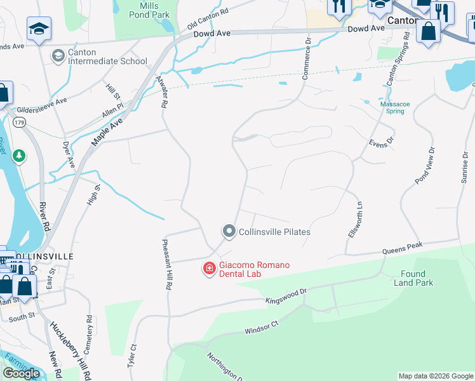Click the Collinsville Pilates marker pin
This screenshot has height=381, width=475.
[x=229, y=231]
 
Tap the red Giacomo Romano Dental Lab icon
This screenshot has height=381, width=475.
[x=208, y=269]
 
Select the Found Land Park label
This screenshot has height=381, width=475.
[x=413, y=278]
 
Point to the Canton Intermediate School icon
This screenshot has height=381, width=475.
[x=58, y=57]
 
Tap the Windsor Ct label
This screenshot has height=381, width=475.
[x=262, y=328]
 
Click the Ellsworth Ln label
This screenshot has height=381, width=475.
[x=356, y=220]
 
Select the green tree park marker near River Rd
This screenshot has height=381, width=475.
[x=20, y=156]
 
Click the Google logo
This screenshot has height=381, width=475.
[x=22, y=373]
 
